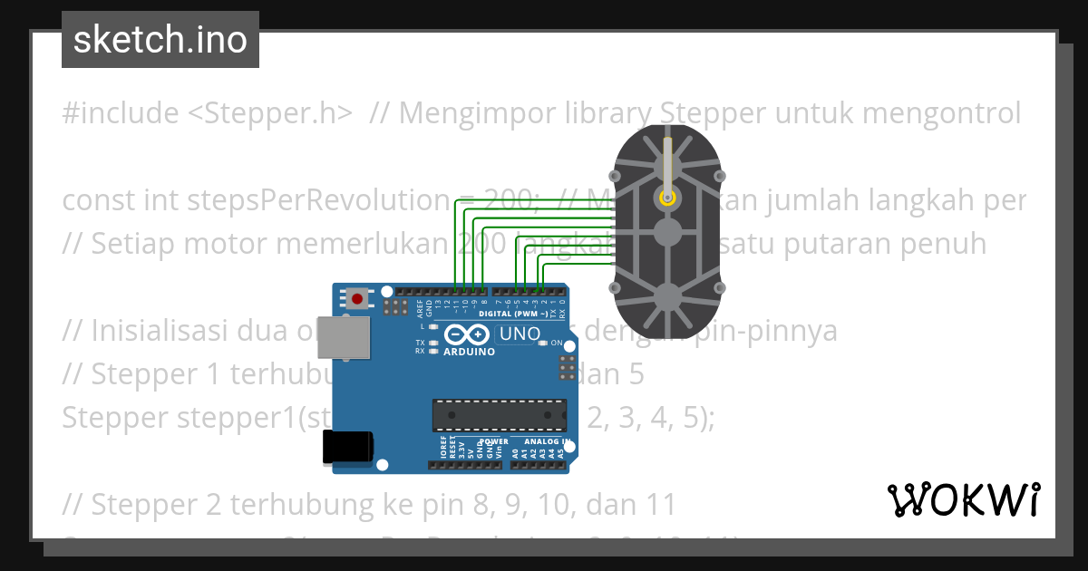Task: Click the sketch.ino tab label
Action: click(x=160, y=40)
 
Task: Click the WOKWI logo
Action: click(x=964, y=499)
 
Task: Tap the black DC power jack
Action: click(x=347, y=446)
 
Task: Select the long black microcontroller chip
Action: click(x=499, y=413)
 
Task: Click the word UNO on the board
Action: click(x=520, y=334)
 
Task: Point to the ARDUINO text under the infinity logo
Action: click(x=469, y=352)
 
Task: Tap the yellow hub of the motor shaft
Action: click(x=667, y=197)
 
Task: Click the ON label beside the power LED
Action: click(x=557, y=343)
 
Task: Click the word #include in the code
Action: click(x=121, y=113)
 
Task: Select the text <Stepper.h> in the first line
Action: click(x=270, y=113)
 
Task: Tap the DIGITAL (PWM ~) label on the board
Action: click(x=512, y=314)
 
